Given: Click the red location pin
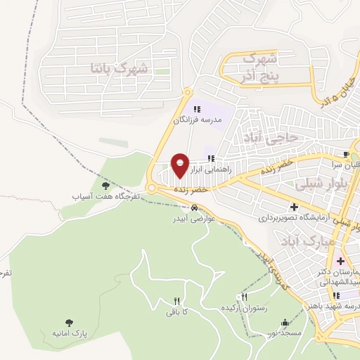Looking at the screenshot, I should click(180, 165).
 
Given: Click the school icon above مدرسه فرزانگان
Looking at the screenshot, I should click(197, 108).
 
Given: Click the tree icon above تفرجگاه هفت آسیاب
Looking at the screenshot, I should click(105, 186).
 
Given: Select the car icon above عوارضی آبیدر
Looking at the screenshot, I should click(193, 207).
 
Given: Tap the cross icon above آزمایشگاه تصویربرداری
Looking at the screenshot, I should click(294, 207).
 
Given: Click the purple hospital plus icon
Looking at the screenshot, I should click(340, 261).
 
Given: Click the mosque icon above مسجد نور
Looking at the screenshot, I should click(285, 323).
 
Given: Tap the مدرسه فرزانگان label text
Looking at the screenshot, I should click(198, 120).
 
